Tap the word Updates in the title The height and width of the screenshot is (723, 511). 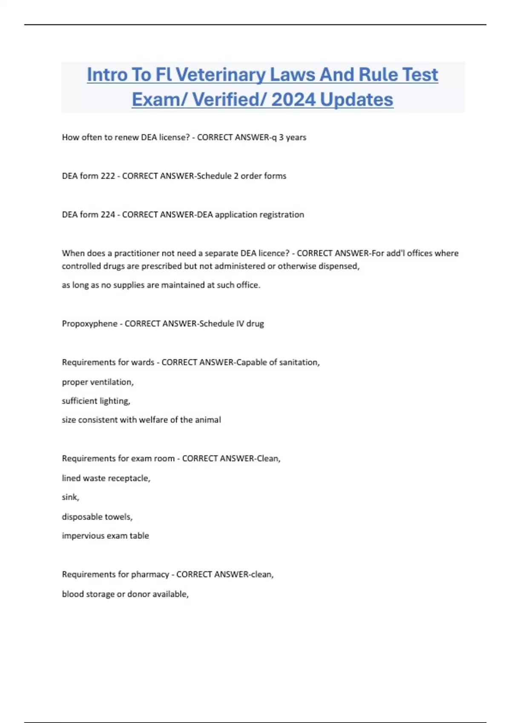click(356, 100)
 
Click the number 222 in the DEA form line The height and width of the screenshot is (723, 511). click(108, 176)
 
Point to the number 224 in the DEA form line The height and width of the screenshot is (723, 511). click(108, 215)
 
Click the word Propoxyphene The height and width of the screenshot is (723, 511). click(89, 324)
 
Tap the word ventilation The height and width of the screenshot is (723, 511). click(112, 382)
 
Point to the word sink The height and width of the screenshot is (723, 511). click(70, 497)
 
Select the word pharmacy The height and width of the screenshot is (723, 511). click(150, 575)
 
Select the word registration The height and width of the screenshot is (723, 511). click(281, 215)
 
